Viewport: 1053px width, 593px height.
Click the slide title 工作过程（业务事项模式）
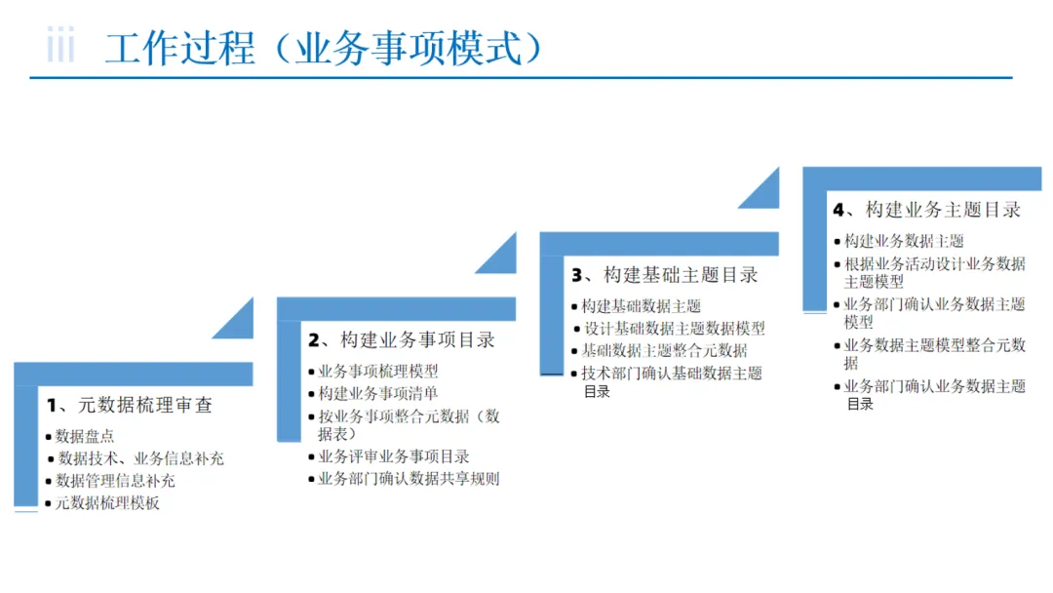click(324, 48)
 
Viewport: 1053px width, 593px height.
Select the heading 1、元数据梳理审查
click(130, 404)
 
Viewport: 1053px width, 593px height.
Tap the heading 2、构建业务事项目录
click(402, 339)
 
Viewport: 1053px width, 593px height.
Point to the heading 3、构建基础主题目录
click(664, 275)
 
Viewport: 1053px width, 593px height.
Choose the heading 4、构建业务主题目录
click(926, 210)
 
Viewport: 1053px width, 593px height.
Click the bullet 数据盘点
click(85, 436)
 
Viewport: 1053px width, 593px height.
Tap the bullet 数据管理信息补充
click(116, 481)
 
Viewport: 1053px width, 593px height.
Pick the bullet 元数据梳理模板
click(108, 503)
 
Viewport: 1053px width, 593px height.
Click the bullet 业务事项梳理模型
click(378, 372)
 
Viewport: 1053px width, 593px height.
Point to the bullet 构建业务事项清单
click(378, 393)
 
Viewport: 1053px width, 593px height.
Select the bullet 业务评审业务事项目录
click(394, 456)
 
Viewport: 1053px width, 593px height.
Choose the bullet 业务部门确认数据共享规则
click(409, 479)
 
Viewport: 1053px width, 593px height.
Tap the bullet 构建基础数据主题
click(642, 306)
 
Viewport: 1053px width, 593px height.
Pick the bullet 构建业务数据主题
click(904, 241)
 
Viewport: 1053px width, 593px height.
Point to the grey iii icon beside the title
click(60, 46)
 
